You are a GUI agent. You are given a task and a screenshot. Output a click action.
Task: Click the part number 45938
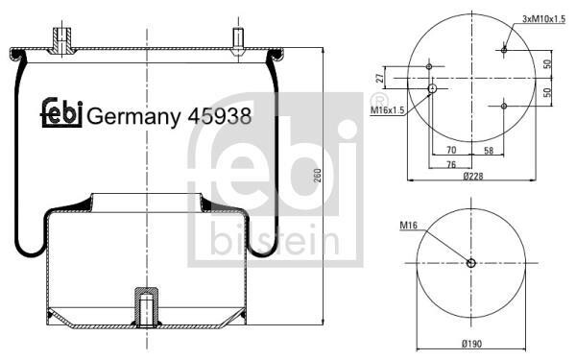pyautogui.click(x=219, y=116)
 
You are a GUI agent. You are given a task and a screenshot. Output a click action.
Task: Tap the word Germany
pyautogui.click(x=133, y=118)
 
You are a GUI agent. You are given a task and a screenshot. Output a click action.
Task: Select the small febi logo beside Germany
pyautogui.click(x=61, y=113)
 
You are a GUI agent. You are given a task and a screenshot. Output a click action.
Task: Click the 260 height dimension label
pyautogui.click(x=318, y=176)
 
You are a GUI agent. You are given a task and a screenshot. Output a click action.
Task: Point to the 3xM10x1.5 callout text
pyautogui.click(x=544, y=19)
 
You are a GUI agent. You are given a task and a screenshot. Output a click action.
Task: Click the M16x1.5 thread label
pyautogui.click(x=387, y=109)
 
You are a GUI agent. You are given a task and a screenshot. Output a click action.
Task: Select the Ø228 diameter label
pyautogui.click(x=472, y=177)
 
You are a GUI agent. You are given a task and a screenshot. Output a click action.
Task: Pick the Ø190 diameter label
pyautogui.click(x=471, y=344)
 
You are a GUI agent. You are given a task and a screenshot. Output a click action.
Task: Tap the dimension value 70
pyautogui.click(x=451, y=150)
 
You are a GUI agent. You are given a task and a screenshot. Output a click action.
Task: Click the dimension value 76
pyautogui.click(x=451, y=164)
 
